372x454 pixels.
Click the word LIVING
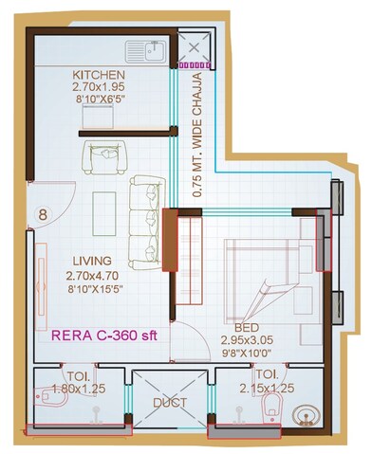[x=92, y=261]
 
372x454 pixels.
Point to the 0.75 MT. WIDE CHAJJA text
[x=197, y=131]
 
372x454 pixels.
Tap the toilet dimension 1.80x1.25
[x=72, y=388]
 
